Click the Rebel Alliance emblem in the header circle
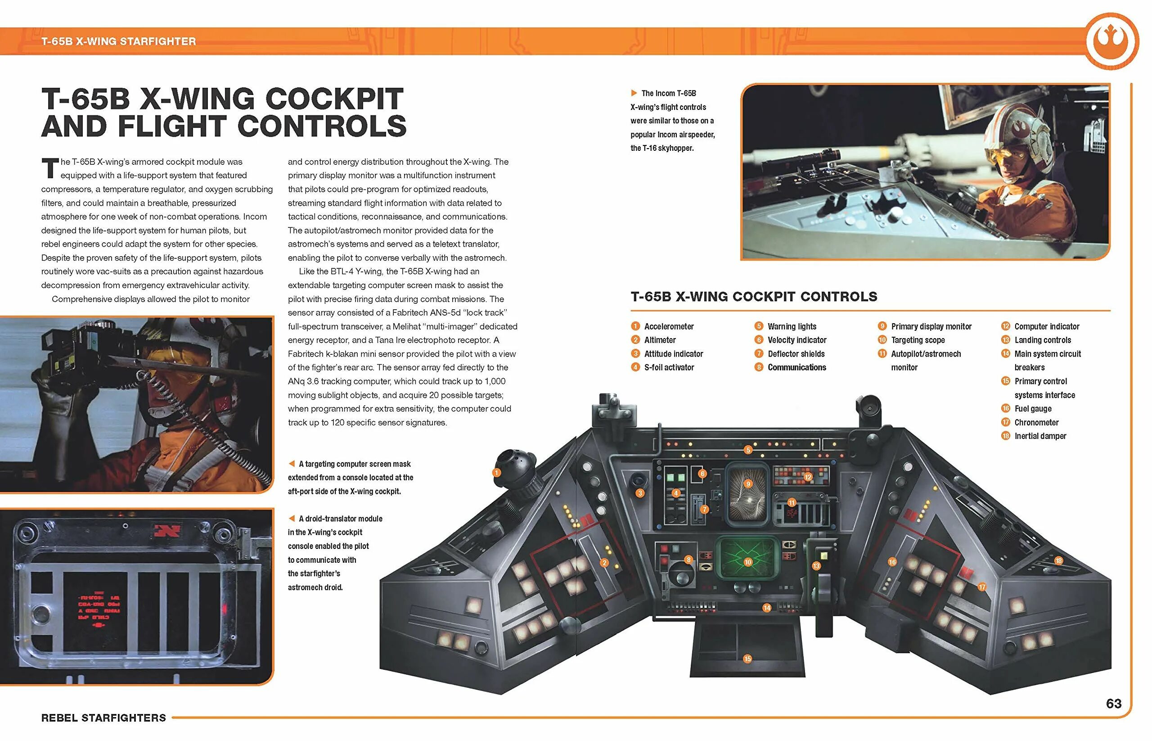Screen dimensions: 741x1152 click(x=1111, y=41)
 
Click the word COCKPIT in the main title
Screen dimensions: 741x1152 click(x=334, y=99)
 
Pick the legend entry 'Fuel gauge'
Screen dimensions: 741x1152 click(x=1032, y=408)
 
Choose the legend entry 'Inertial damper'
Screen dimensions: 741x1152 click(x=1040, y=436)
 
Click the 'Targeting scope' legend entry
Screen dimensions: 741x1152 click(x=917, y=340)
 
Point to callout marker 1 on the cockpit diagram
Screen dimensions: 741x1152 click(x=496, y=473)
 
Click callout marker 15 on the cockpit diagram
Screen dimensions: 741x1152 click(x=747, y=659)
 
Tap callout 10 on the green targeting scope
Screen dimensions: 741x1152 click(x=747, y=562)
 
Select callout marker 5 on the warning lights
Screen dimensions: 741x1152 click(x=748, y=450)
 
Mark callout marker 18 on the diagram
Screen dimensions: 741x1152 click(x=1059, y=560)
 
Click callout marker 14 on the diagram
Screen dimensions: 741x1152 click(x=767, y=608)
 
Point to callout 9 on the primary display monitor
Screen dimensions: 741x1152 click(x=748, y=484)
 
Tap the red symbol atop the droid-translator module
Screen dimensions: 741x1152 click(x=167, y=531)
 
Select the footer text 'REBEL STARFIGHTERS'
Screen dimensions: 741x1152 click(x=103, y=718)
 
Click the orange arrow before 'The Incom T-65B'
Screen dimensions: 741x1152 click(x=634, y=93)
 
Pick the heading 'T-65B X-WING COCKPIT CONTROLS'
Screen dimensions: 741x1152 click(x=754, y=296)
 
